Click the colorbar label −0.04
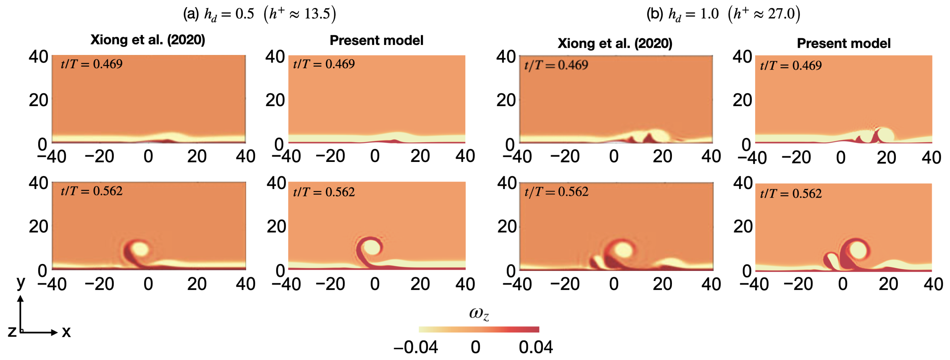coord(416,347)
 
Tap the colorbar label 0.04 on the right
coord(536,347)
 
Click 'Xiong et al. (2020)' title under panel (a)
coord(148,40)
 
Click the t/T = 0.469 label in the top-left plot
coord(91,64)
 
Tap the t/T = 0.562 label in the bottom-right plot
coord(791,194)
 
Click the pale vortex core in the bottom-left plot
coord(140,249)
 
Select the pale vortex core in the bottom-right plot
coord(859,251)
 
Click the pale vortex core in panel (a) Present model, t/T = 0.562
coord(372,247)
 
